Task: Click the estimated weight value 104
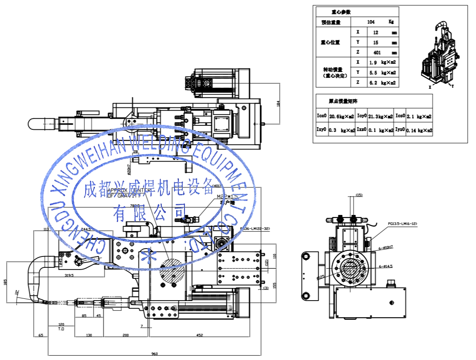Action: [371, 22]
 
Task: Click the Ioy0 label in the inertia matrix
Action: [362, 116]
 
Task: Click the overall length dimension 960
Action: [154, 353]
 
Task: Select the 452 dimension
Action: [199, 335]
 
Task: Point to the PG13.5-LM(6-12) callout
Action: [402, 224]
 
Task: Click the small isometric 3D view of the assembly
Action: [439, 55]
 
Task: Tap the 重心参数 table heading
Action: [340, 12]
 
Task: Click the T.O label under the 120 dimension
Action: [61, 328]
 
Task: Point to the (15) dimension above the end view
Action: [359, 195]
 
